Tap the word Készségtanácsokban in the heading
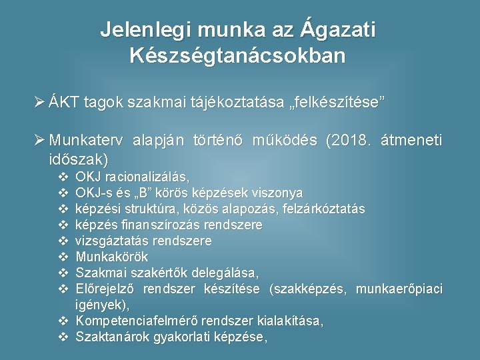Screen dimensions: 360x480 (x=238, y=55)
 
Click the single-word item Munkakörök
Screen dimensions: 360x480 (x=112, y=257)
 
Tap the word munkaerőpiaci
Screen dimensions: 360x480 (x=399, y=289)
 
